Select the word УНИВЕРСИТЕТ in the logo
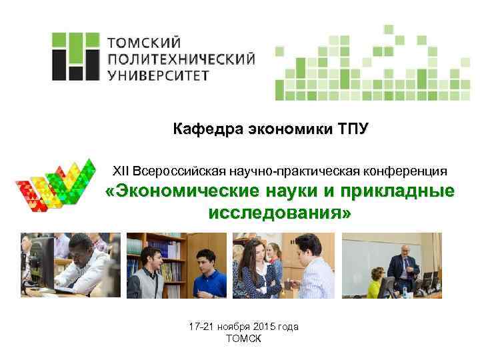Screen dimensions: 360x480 pos(157,75)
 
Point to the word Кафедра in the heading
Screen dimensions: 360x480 pos(203,129)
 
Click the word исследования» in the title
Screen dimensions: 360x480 pos(279,214)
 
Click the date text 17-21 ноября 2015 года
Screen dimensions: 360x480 pos(243,327)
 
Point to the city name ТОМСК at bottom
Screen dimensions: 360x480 pos(244,338)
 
